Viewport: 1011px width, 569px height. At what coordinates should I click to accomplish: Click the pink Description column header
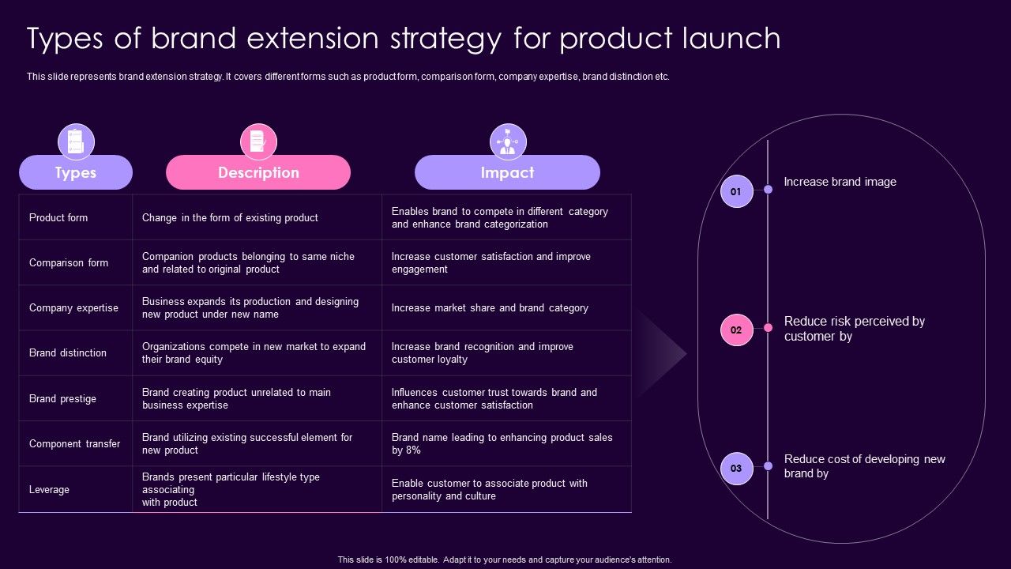point(258,172)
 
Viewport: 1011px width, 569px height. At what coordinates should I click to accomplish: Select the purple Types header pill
point(76,172)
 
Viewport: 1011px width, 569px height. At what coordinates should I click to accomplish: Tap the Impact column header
point(507,172)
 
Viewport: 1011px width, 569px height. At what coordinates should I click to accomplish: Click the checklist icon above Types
point(76,142)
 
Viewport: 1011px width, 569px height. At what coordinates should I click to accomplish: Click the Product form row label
point(58,217)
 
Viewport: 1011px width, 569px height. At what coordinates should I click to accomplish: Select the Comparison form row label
point(69,262)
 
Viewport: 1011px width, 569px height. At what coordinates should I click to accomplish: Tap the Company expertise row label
point(73,307)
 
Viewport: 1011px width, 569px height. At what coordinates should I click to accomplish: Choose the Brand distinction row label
point(68,352)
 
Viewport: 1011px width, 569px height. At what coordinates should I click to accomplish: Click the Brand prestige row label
point(62,398)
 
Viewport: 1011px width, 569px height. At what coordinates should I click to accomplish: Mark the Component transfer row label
point(75,443)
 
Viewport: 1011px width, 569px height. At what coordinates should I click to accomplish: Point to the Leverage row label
point(49,489)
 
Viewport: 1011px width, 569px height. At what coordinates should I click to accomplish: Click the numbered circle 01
point(736,191)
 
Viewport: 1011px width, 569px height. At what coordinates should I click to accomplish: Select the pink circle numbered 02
point(736,330)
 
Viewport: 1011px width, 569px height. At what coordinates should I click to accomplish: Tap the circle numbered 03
point(736,468)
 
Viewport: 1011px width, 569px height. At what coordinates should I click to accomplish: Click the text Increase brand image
point(840,182)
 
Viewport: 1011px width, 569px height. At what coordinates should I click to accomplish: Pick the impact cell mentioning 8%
point(502,443)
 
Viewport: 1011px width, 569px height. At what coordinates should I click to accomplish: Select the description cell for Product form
point(230,217)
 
